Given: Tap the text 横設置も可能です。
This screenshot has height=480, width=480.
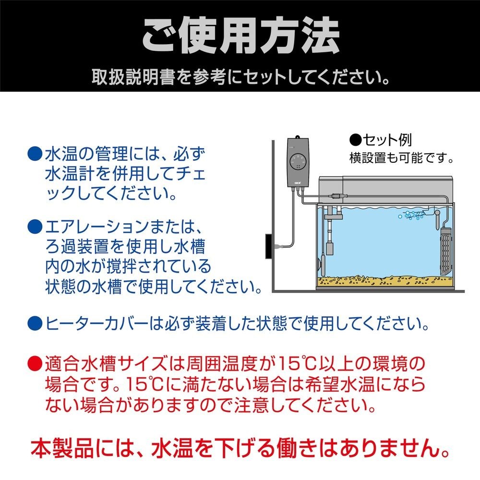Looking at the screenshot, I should (x=401, y=157).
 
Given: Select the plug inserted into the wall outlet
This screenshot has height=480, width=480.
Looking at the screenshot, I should (x=278, y=248).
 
